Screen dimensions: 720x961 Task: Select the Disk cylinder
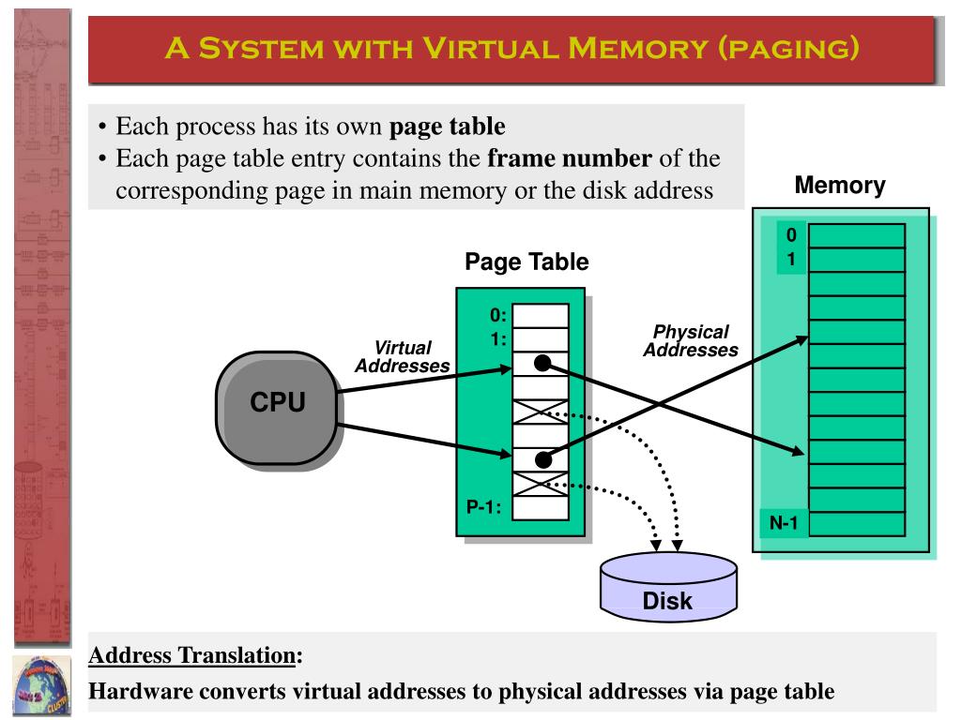tap(668, 587)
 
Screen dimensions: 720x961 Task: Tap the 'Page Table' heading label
tap(526, 262)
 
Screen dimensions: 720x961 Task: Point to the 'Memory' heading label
tap(839, 185)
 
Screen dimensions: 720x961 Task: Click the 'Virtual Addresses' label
tap(402, 356)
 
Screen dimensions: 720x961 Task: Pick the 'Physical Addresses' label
tap(691, 340)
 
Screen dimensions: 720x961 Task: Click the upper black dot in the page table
tap(542, 364)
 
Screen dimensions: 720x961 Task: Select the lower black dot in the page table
tap(542, 459)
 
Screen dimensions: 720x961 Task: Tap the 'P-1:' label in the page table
tap(484, 507)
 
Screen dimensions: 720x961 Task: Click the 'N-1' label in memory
tap(784, 523)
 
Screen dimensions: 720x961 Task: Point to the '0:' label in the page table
tap(497, 316)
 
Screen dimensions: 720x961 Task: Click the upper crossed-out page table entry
tap(541, 412)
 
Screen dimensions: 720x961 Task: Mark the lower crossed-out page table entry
tap(541, 484)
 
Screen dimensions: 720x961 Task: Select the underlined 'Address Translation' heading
tap(192, 653)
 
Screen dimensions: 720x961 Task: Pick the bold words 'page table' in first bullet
tap(447, 127)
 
